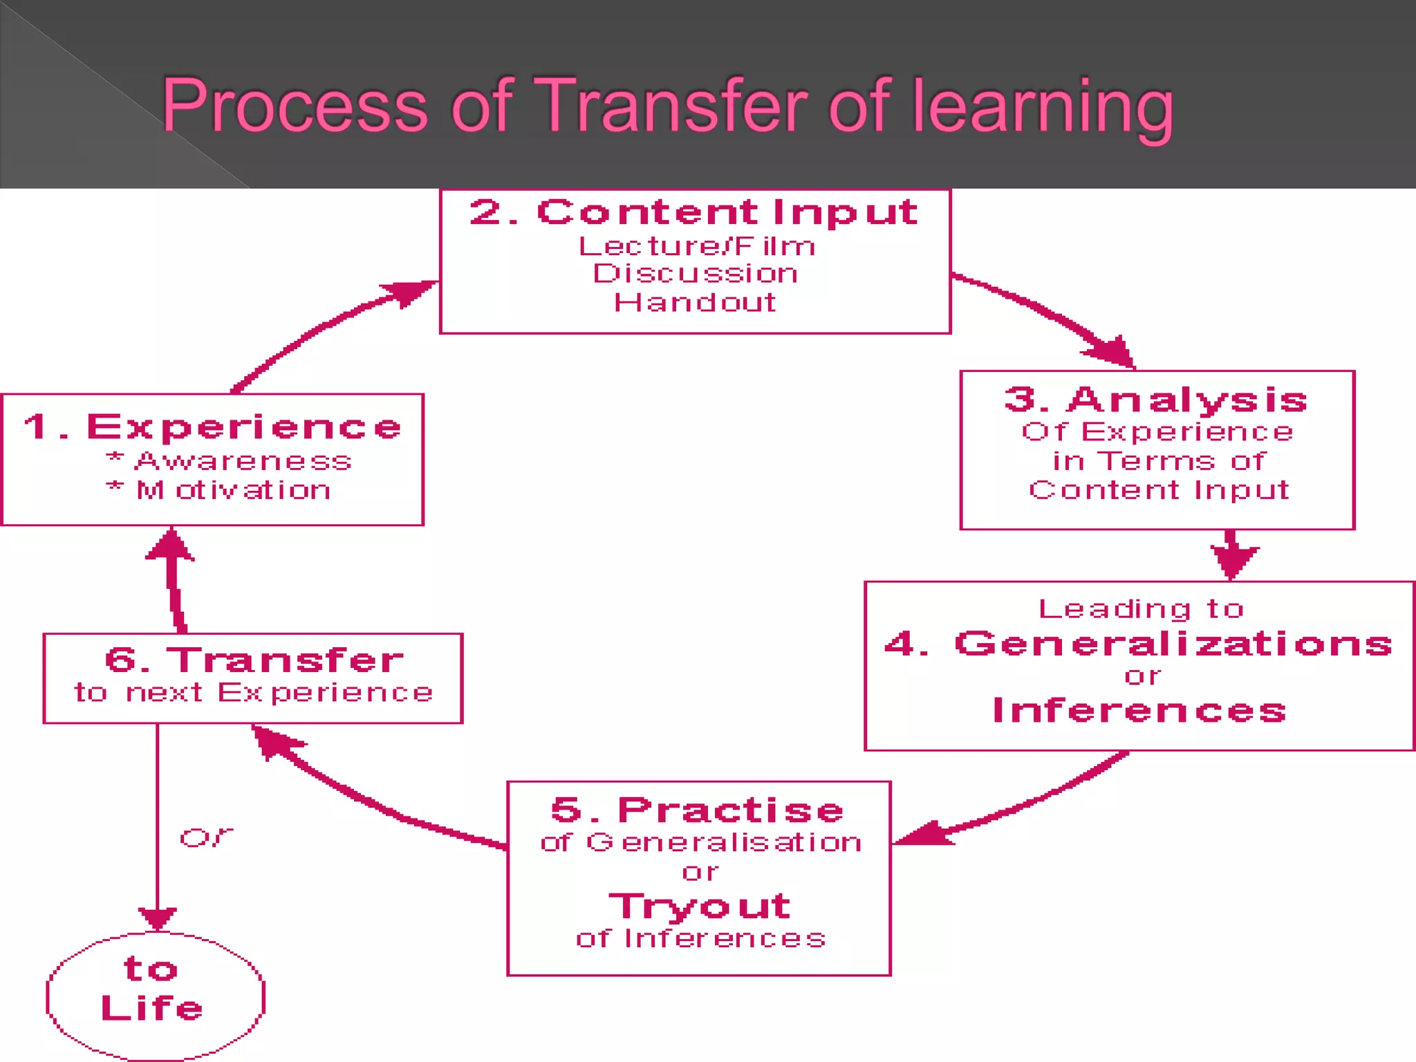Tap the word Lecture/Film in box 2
pyautogui.click(x=696, y=246)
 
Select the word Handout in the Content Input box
pyautogui.click(x=695, y=302)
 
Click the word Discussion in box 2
pyautogui.click(x=695, y=274)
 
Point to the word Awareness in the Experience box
pyautogui.click(x=243, y=461)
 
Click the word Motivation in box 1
pyautogui.click(x=233, y=490)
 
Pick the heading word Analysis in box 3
pyautogui.click(x=1187, y=400)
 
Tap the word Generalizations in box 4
pyautogui.click(x=1173, y=644)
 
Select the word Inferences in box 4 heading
pyautogui.click(x=1139, y=711)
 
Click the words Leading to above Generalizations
pyautogui.click(x=1141, y=609)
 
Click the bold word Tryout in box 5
pyautogui.click(x=699, y=906)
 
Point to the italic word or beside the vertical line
pyautogui.click(x=206, y=838)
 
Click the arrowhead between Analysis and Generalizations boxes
pyautogui.click(x=1233, y=559)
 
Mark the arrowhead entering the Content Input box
pyautogui.click(x=412, y=291)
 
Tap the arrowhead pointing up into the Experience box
pyautogui.click(x=171, y=546)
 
